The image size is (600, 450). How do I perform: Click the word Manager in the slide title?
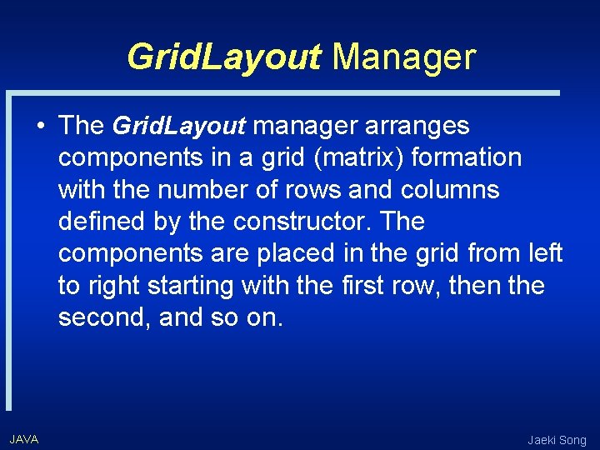point(403,57)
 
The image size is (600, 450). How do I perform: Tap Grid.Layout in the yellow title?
point(223,57)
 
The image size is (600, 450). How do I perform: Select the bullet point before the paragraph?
point(40,127)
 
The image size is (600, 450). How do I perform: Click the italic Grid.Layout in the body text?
point(178,126)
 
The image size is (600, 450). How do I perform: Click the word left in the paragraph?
point(546,253)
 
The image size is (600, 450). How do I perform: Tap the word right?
point(114,286)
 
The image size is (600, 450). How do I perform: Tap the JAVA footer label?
point(23,439)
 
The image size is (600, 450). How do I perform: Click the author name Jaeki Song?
point(557,440)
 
